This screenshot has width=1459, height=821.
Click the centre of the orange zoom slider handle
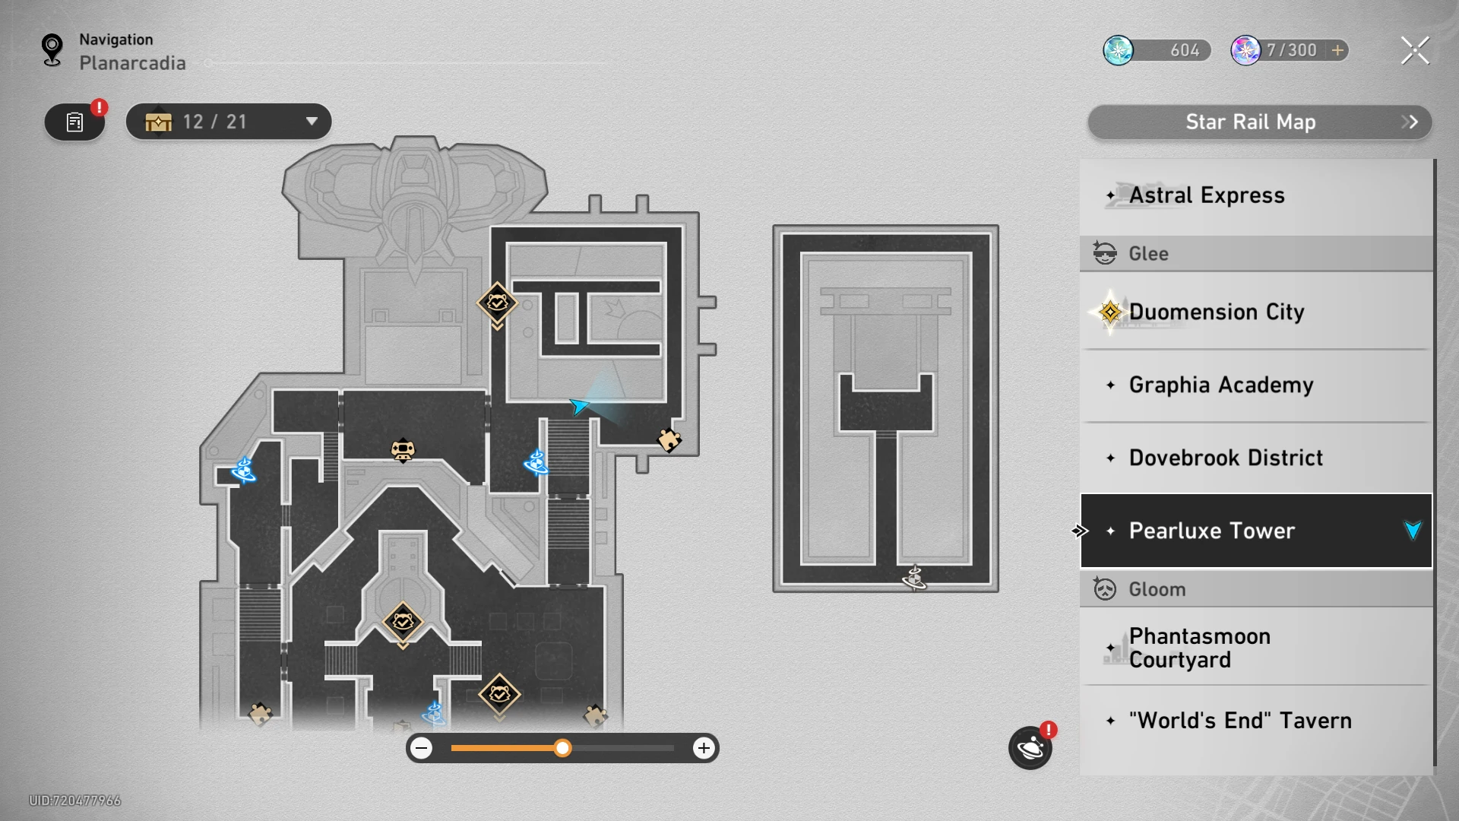pos(562,748)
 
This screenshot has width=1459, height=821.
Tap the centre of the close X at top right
pos(1415,50)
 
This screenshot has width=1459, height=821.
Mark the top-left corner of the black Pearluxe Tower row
pos(1081,494)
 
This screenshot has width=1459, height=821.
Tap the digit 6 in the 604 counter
pos(1176,50)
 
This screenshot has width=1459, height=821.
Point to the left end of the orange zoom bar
pos(451,748)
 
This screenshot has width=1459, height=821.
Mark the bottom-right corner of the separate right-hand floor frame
pos(999,592)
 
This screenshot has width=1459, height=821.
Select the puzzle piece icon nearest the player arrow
pos(669,439)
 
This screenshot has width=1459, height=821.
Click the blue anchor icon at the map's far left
pos(243,470)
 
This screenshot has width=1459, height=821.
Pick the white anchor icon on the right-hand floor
pos(914,578)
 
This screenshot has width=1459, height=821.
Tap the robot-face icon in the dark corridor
pos(403,450)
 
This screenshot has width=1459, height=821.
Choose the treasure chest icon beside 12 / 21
pos(158,122)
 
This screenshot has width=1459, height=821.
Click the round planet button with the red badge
pos(1030,748)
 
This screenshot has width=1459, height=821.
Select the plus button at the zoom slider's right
pos(704,748)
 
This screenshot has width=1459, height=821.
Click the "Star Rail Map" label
pos(1251,122)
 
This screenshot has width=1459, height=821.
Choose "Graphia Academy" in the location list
pos(1221,385)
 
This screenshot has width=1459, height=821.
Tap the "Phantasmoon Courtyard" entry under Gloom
pos(1200,648)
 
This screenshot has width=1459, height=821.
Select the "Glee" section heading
pos(1148,253)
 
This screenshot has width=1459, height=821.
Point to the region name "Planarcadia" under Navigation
pos(132,63)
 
